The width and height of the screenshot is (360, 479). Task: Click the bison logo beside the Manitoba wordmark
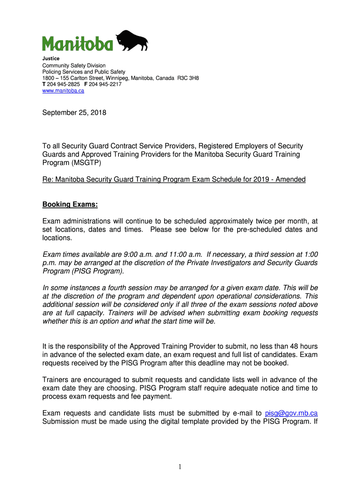(x=132, y=40)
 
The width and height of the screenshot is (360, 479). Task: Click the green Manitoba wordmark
(x=77, y=44)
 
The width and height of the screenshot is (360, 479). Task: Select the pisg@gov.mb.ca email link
(x=291, y=413)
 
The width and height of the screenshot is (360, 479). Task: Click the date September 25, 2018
(x=74, y=113)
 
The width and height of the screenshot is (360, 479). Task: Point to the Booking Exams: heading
(x=70, y=205)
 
